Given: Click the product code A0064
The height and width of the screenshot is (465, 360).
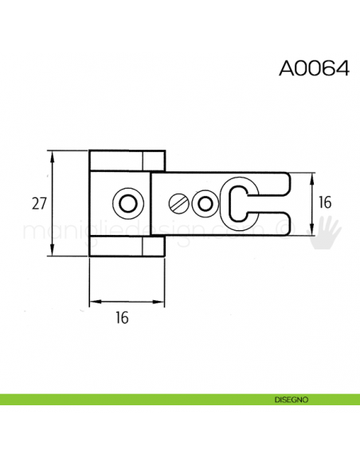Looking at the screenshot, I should click(314, 68).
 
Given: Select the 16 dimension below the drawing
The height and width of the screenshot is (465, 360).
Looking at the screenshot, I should click(122, 318).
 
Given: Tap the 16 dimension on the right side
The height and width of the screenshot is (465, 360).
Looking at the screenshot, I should click(325, 203).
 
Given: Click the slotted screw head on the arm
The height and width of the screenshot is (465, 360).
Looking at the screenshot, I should click(180, 204).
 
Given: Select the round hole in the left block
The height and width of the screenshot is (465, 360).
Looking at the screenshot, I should click(126, 203).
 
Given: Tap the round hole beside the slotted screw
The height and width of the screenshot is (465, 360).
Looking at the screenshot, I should click(205, 204).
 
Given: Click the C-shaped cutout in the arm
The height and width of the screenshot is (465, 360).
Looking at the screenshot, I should click(240, 203).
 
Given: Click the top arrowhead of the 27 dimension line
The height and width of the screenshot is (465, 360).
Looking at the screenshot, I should click(53, 154).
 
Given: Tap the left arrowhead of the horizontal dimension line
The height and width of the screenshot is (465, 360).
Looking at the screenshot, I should click(93, 302).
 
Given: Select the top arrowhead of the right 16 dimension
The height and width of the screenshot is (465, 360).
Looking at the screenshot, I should click(310, 176).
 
